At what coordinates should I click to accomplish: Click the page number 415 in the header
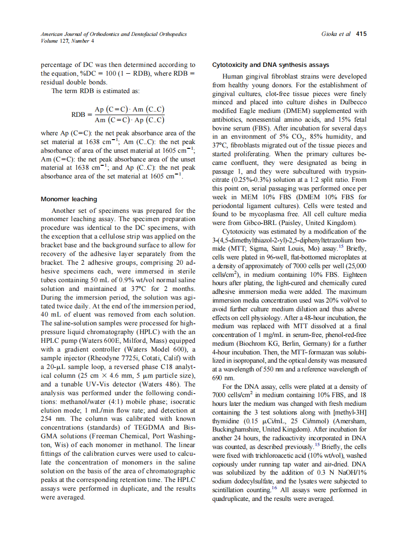360,34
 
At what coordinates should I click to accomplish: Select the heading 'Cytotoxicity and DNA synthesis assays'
271,64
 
